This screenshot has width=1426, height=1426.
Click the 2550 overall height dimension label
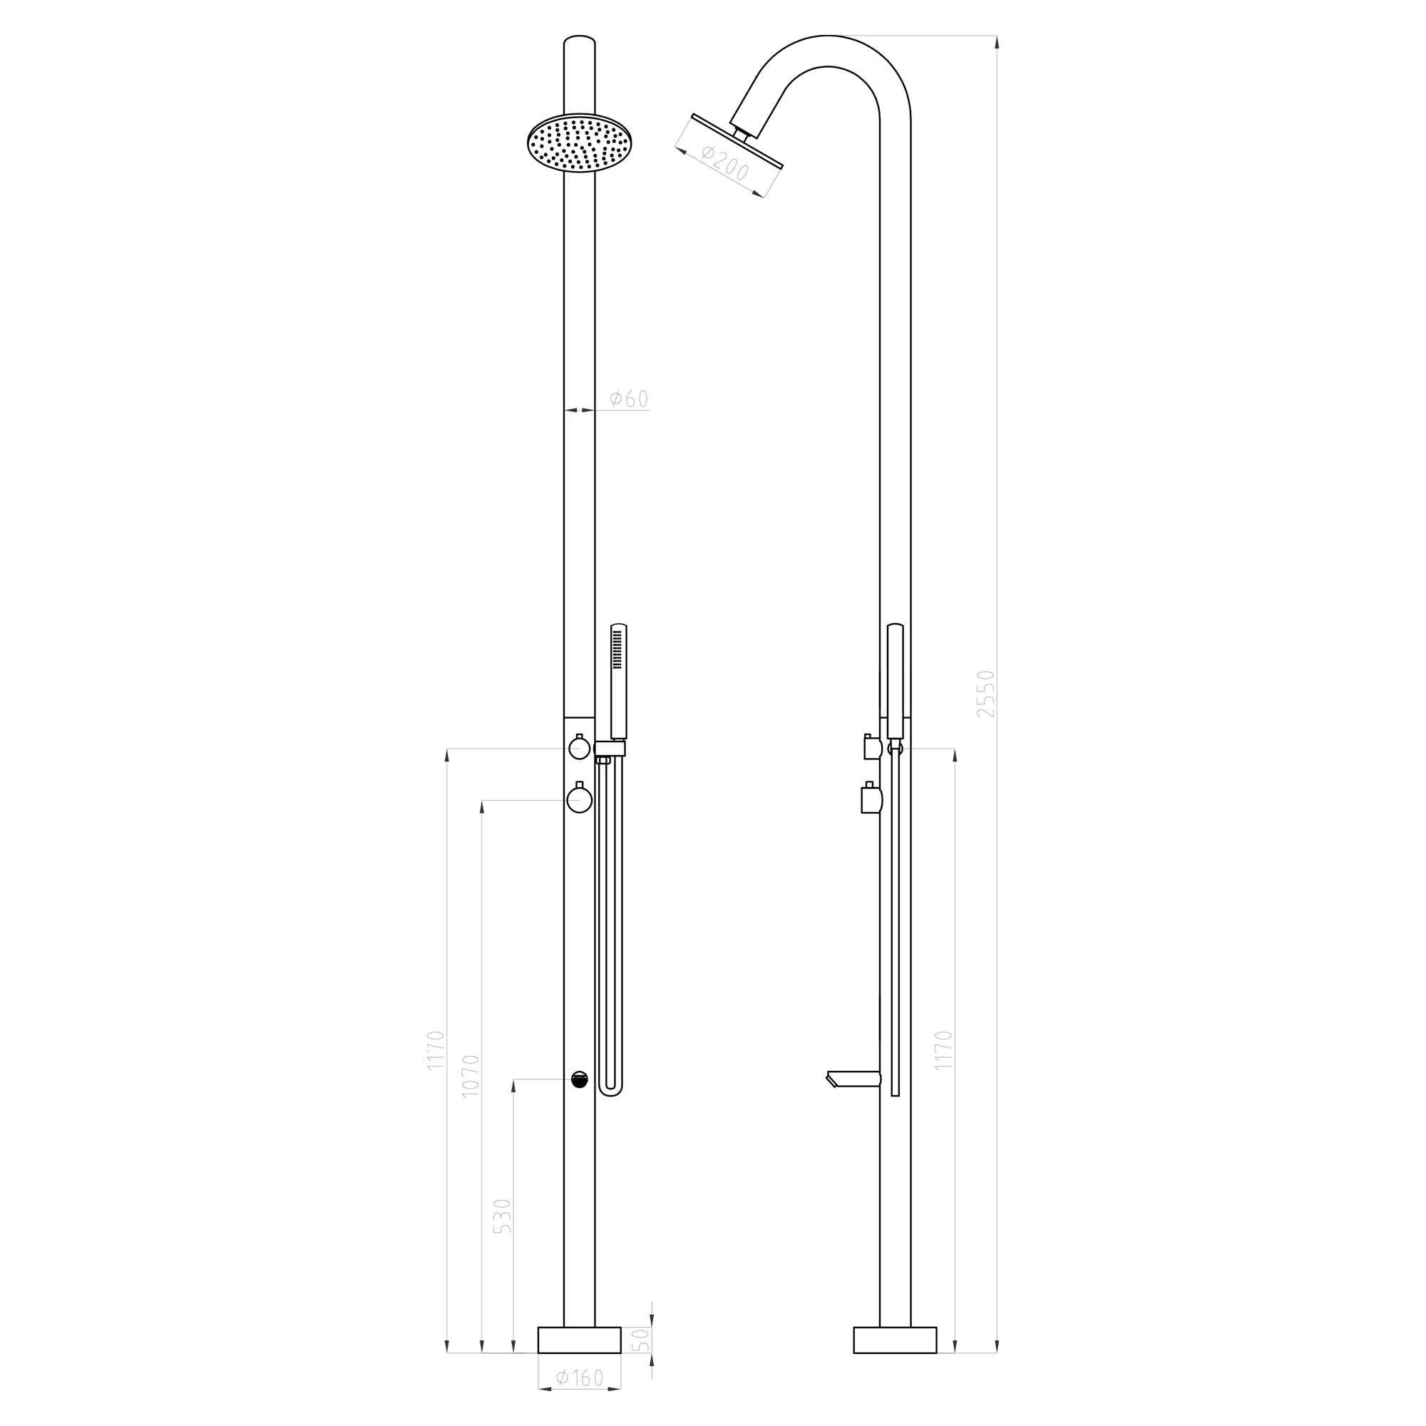tap(985, 694)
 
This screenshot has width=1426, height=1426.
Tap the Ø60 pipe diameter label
tap(628, 399)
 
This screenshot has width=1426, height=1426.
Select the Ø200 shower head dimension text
tap(725, 163)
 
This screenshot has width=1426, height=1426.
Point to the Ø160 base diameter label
tap(580, 1378)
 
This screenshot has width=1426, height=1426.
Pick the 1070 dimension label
tap(470, 1076)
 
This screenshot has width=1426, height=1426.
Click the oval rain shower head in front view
tap(580, 143)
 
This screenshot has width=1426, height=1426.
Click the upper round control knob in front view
tap(580, 749)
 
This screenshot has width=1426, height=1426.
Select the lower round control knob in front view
tap(580, 800)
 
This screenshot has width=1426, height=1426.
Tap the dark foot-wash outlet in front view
tap(580, 1079)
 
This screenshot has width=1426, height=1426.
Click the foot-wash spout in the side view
tap(853, 1079)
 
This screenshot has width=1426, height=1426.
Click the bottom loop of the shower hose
tap(610, 1092)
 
